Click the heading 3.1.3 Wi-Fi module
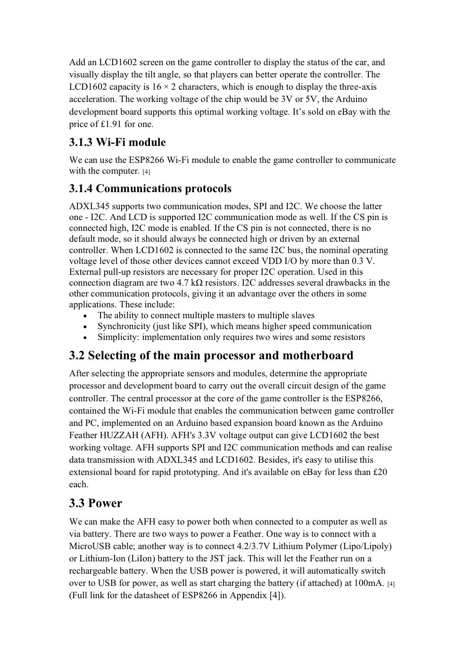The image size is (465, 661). click(x=117, y=143)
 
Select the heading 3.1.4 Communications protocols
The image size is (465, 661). click(x=150, y=189)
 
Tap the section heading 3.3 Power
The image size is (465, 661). click(x=95, y=503)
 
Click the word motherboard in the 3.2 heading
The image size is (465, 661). click(x=318, y=356)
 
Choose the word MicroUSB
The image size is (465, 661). click(x=90, y=546)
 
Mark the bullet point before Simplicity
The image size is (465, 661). click(x=85, y=338)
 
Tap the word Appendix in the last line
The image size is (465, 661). click(x=248, y=595)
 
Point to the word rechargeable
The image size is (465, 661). click(x=93, y=571)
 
